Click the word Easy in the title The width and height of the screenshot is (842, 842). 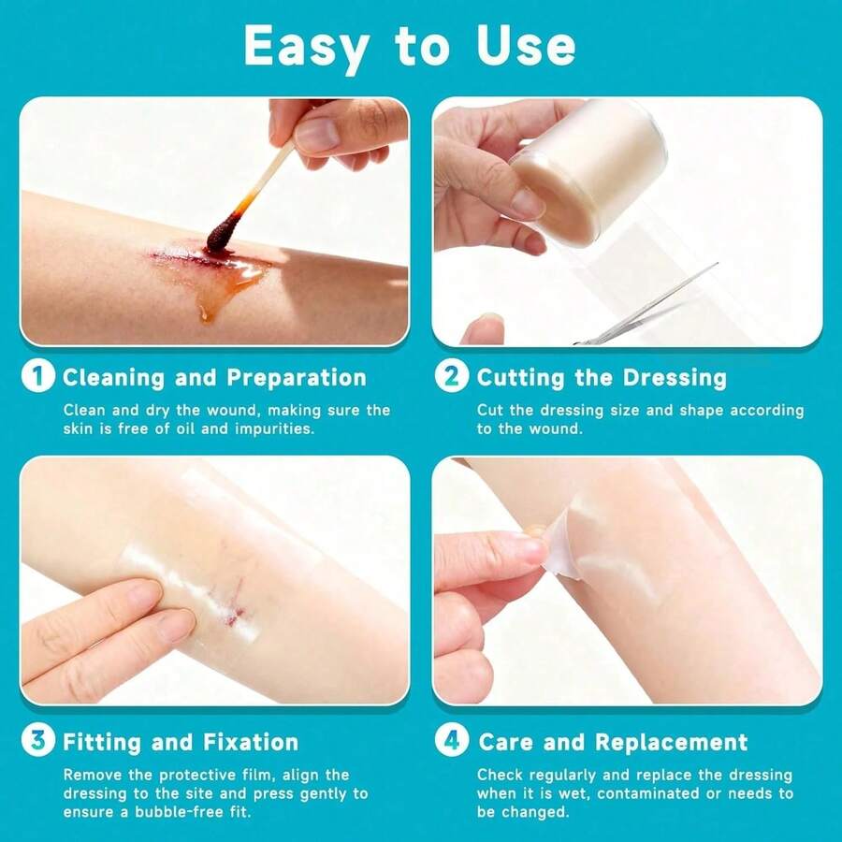coord(306,48)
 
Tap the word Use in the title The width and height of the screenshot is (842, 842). coord(526,46)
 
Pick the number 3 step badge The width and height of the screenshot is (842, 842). coord(38,740)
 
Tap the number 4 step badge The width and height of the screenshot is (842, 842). coord(452,740)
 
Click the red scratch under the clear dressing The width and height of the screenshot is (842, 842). coord(233,605)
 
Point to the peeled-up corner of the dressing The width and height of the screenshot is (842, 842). coord(559,546)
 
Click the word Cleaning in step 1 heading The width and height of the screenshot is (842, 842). coord(113,378)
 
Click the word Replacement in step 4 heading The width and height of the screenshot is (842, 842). coord(671,742)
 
